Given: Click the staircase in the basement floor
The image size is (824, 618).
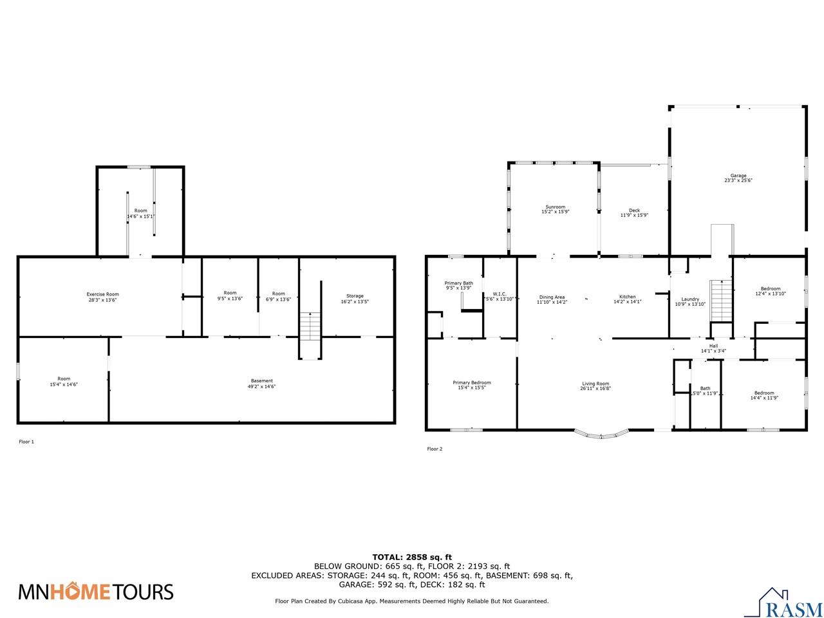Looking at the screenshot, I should [310, 327].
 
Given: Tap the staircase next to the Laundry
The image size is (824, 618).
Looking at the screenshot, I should [721, 300].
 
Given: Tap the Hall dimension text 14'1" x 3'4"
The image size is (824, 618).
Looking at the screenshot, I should [713, 351].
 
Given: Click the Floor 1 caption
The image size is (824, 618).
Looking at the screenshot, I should [26, 442].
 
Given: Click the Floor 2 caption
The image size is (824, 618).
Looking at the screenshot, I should [435, 449].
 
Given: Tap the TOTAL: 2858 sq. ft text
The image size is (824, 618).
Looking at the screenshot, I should [412, 557].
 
